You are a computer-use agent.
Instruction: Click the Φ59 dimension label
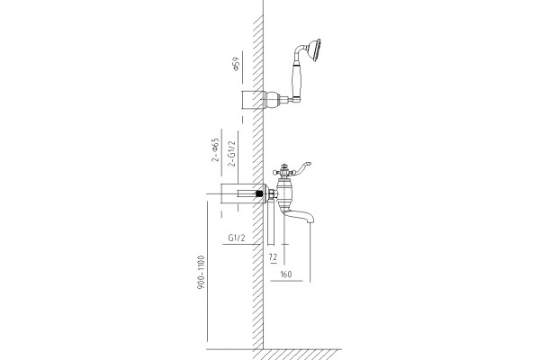pos(236,64)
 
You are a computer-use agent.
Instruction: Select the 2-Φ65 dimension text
pos(215,150)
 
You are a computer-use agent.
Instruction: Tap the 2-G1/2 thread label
pos(232,154)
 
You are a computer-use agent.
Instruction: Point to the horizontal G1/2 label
pos(237,238)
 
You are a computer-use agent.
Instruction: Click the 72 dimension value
pos(273,257)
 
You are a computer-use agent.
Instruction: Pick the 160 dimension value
pos(286,274)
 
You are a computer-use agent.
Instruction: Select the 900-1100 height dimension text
pos(201,272)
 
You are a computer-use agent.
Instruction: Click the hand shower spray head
pos(315,50)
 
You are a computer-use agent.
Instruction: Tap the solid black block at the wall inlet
pos(260,193)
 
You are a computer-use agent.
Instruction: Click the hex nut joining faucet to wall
pos(273,193)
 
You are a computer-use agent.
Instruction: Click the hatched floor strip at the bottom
pos(297,355)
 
